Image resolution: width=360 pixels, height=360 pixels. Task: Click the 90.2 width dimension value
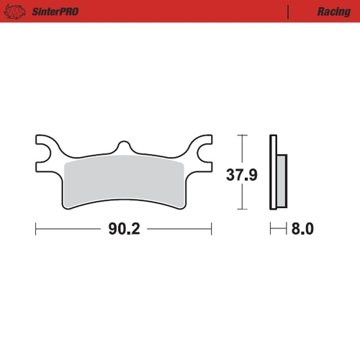pyautogui.click(x=123, y=229)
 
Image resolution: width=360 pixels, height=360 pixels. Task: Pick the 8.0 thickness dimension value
pyautogui.click(x=303, y=229)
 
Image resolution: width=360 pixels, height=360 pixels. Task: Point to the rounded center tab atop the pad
pyautogui.click(x=124, y=146)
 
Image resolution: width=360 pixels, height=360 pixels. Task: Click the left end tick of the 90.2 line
pyautogui.click(x=36, y=229)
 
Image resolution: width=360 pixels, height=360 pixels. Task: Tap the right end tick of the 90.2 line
pyautogui.click(x=212, y=229)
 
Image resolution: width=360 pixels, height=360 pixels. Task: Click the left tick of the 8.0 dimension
pyautogui.click(x=271, y=229)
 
